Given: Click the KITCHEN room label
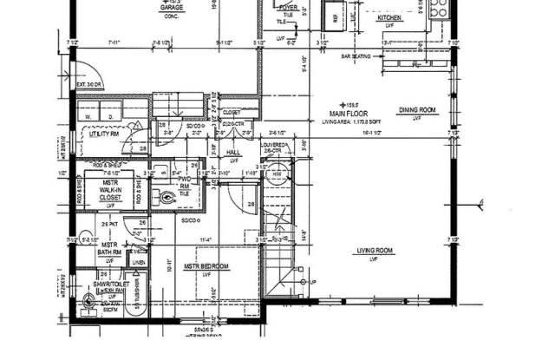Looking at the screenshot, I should click(x=388, y=17).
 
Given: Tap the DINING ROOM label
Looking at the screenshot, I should click(x=416, y=110).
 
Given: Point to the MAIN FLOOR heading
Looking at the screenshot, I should click(x=349, y=115).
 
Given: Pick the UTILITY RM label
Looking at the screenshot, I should click(x=103, y=134).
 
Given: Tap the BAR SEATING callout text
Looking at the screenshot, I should click(x=356, y=56).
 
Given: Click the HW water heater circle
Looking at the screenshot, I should click(x=277, y=174).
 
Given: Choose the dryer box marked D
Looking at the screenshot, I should click(x=111, y=115).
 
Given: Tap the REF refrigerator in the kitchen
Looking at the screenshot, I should click(x=330, y=16).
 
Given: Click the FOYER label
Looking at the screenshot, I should click(x=288, y=9).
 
